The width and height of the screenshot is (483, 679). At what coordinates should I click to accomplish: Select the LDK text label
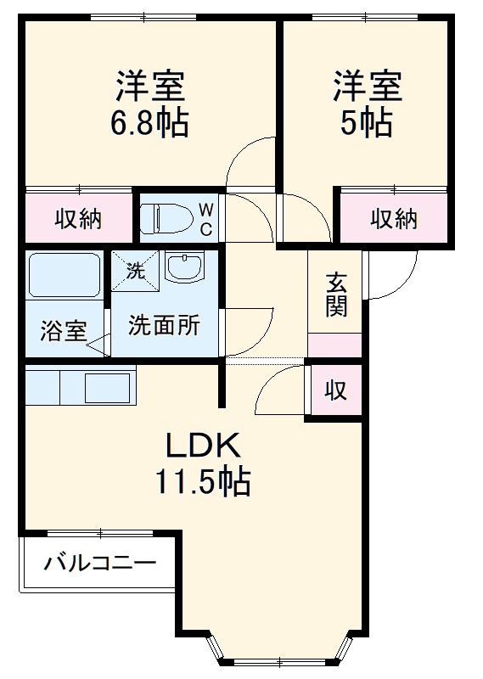click(x=204, y=445)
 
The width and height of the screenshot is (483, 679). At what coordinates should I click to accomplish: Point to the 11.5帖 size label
click(x=202, y=483)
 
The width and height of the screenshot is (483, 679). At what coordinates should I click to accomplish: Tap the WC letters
click(x=206, y=218)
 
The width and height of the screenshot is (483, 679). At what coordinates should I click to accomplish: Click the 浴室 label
click(x=63, y=330)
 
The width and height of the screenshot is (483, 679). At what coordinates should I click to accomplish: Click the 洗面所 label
click(x=164, y=324)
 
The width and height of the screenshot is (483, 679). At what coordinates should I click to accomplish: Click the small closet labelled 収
click(x=336, y=391)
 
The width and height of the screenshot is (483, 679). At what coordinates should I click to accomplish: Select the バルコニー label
click(x=100, y=563)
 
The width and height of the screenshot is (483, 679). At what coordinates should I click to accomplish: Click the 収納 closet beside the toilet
click(x=79, y=219)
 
